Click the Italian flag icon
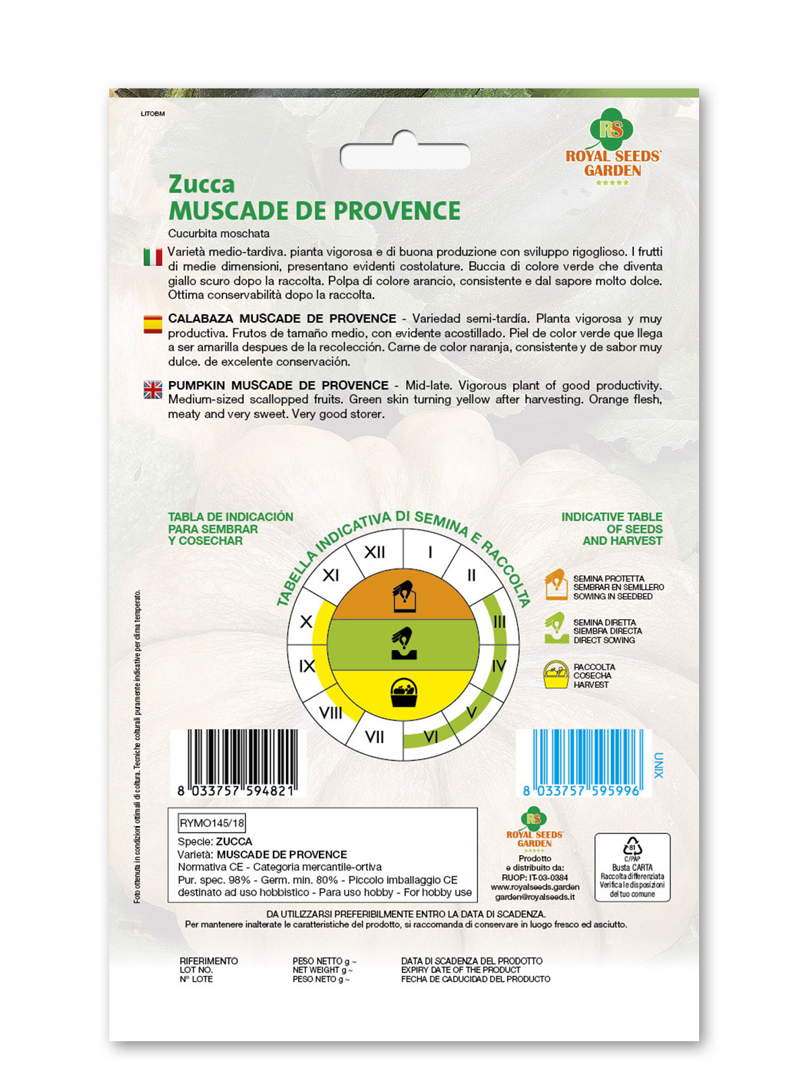coord(153,257)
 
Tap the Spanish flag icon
coord(153,324)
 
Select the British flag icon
coord(153,390)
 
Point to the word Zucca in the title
coord(202,184)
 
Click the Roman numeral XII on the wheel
coord(374,552)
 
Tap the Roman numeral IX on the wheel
coord(307,666)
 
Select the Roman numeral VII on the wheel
coord(374,737)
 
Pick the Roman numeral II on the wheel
coord(471,575)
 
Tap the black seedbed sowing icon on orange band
coord(404,596)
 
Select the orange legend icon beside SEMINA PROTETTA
coord(556,584)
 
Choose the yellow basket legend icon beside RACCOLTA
coord(556,674)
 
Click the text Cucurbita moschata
coord(219,233)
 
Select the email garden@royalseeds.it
coord(535,897)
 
